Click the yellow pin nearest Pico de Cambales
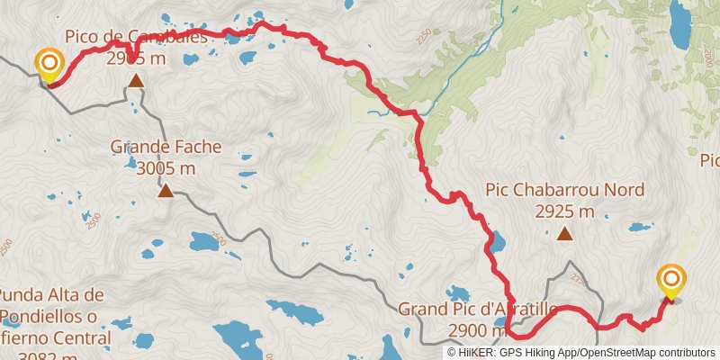point(48,64)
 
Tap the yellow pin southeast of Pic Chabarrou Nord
point(671,281)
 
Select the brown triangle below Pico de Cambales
point(135,82)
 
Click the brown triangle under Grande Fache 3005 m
point(166,190)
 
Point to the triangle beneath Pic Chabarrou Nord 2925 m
point(564,235)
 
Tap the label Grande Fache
point(166,146)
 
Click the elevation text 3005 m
point(166,167)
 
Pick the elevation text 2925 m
point(564,212)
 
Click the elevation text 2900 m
point(473,331)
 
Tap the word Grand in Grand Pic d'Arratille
point(422,310)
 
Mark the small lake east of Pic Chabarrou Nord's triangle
point(641,227)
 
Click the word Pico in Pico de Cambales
point(82,37)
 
